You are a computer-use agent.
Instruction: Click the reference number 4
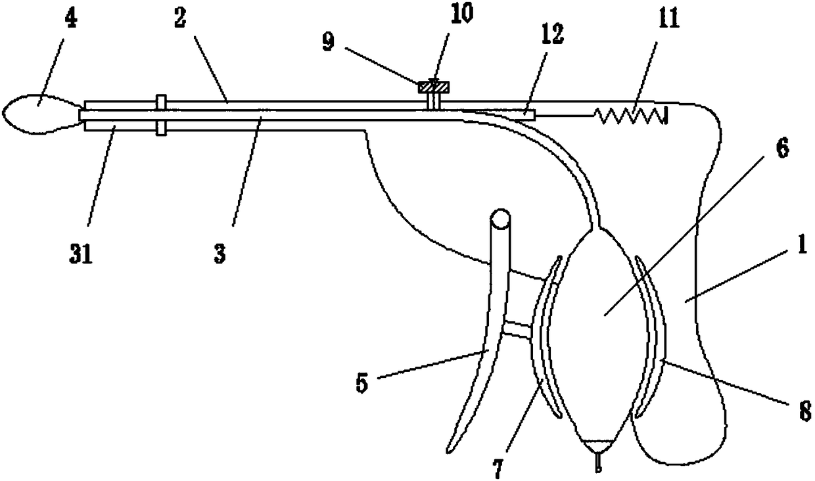(71, 18)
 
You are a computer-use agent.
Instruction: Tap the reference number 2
(180, 18)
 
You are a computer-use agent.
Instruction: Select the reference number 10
(461, 13)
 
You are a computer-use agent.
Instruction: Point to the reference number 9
(328, 42)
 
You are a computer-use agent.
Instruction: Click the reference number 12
(552, 34)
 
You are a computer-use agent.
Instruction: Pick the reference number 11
(668, 18)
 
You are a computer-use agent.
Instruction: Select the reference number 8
(805, 411)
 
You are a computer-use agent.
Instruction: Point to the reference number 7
(498, 469)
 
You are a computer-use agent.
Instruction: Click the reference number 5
(362, 383)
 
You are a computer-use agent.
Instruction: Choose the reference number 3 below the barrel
(220, 254)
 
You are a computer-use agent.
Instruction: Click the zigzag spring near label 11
(631, 116)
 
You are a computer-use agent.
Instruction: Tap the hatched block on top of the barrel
(434, 87)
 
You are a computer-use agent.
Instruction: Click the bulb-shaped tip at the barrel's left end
(42, 114)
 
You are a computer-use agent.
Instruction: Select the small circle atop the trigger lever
(500, 219)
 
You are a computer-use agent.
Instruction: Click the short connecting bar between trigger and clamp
(517, 330)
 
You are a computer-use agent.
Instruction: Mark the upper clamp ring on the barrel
(161, 103)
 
